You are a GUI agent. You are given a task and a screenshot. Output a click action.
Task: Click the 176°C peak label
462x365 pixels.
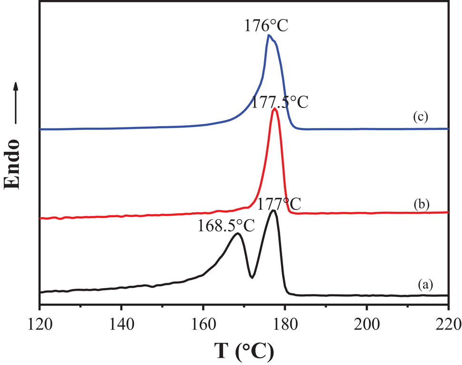point(266,24)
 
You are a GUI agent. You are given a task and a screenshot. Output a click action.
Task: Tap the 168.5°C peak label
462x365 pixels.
point(226,225)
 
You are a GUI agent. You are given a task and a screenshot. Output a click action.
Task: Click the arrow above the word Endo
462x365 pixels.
point(16,103)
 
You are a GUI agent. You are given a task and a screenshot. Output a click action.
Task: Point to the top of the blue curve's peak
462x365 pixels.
point(269,35)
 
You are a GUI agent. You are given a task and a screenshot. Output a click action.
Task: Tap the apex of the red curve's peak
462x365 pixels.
point(275,109)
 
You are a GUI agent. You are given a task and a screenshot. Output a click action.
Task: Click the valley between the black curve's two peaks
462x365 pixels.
point(252,276)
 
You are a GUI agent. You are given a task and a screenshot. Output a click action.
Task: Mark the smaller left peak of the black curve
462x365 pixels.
point(237,234)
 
